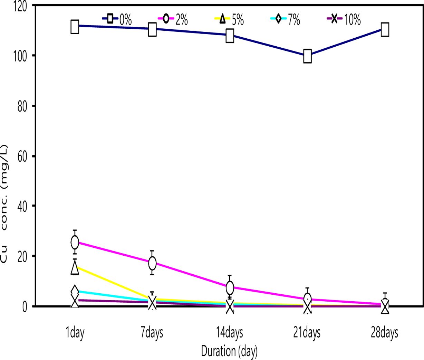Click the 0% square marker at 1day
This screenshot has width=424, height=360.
(x=75, y=27)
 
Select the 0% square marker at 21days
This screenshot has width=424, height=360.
(x=307, y=56)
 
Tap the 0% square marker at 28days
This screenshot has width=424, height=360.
(x=385, y=29)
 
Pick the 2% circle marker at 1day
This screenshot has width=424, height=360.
(x=75, y=242)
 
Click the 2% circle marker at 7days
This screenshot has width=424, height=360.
(x=152, y=263)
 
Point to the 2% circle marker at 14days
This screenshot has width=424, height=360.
(x=230, y=287)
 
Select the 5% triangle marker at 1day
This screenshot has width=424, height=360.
(x=75, y=267)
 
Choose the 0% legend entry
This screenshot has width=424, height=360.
(x=117, y=20)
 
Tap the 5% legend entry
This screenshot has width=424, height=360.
(x=229, y=20)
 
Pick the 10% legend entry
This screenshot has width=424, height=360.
(x=344, y=20)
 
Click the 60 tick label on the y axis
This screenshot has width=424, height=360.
(x=22, y=156)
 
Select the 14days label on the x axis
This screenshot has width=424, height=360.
(x=230, y=333)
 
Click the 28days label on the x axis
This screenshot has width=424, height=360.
(x=385, y=333)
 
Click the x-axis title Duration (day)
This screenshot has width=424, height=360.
(x=229, y=351)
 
